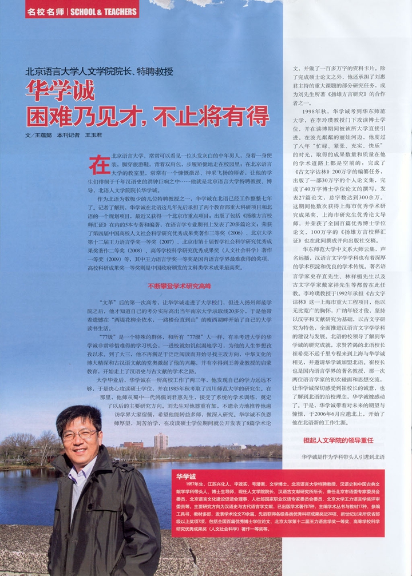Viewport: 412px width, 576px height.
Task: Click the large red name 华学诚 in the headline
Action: (x=60, y=92)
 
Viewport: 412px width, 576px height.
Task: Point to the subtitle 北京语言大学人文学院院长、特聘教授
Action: (x=99, y=72)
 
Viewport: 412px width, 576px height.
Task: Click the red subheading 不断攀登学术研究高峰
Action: (x=179, y=285)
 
